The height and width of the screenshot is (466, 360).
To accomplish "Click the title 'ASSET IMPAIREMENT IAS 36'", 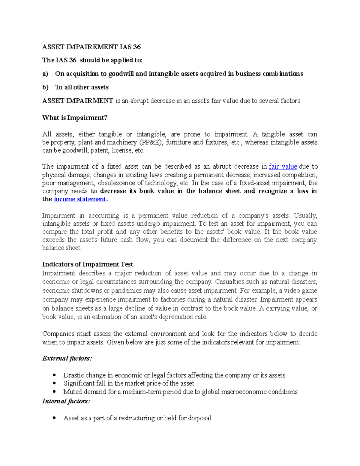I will pyautogui.click(x=91, y=47).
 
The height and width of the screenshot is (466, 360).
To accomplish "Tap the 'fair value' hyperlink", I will pyautogui.click(x=283, y=167).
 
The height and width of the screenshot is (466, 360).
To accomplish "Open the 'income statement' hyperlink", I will pyautogui.click(x=80, y=199).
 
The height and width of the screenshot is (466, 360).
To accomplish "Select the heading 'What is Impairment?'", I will pyautogui.click(x=75, y=118).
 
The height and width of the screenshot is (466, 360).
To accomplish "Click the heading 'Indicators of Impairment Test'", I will pyautogui.click(x=88, y=264).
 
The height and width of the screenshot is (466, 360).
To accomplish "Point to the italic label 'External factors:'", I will pyautogui.click(x=67, y=358).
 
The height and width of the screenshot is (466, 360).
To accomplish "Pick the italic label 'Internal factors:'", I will pyautogui.click(x=66, y=401).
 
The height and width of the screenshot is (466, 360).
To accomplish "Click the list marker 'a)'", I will pyautogui.click(x=45, y=74).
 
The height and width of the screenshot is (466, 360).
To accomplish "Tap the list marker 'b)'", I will pyautogui.click(x=45, y=87).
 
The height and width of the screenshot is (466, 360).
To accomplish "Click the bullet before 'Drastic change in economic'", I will pyautogui.click(x=54, y=375).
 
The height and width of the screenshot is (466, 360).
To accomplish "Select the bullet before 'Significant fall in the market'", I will pyautogui.click(x=54, y=383).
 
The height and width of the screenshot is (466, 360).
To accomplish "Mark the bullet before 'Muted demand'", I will pyautogui.click(x=54, y=392).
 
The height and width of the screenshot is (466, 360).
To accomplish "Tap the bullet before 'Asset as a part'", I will pyautogui.click(x=54, y=418).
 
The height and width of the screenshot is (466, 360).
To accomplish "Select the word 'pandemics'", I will pyautogui.click(x=126, y=291).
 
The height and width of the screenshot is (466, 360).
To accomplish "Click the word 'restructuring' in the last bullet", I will pyautogui.click(x=137, y=418).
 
